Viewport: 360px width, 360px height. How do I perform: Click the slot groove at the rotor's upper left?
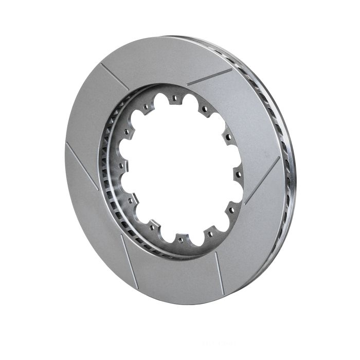click(x=115, y=76)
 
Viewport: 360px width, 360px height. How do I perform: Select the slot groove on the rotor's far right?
click(x=262, y=180)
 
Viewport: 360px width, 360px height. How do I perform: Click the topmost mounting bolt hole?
click(x=174, y=97)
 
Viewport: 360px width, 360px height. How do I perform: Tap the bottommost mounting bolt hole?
click(x=179, y=238)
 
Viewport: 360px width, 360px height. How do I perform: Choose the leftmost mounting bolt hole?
click(x=123, y=165)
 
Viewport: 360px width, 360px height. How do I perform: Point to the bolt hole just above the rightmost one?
click(x=226, y=138)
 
